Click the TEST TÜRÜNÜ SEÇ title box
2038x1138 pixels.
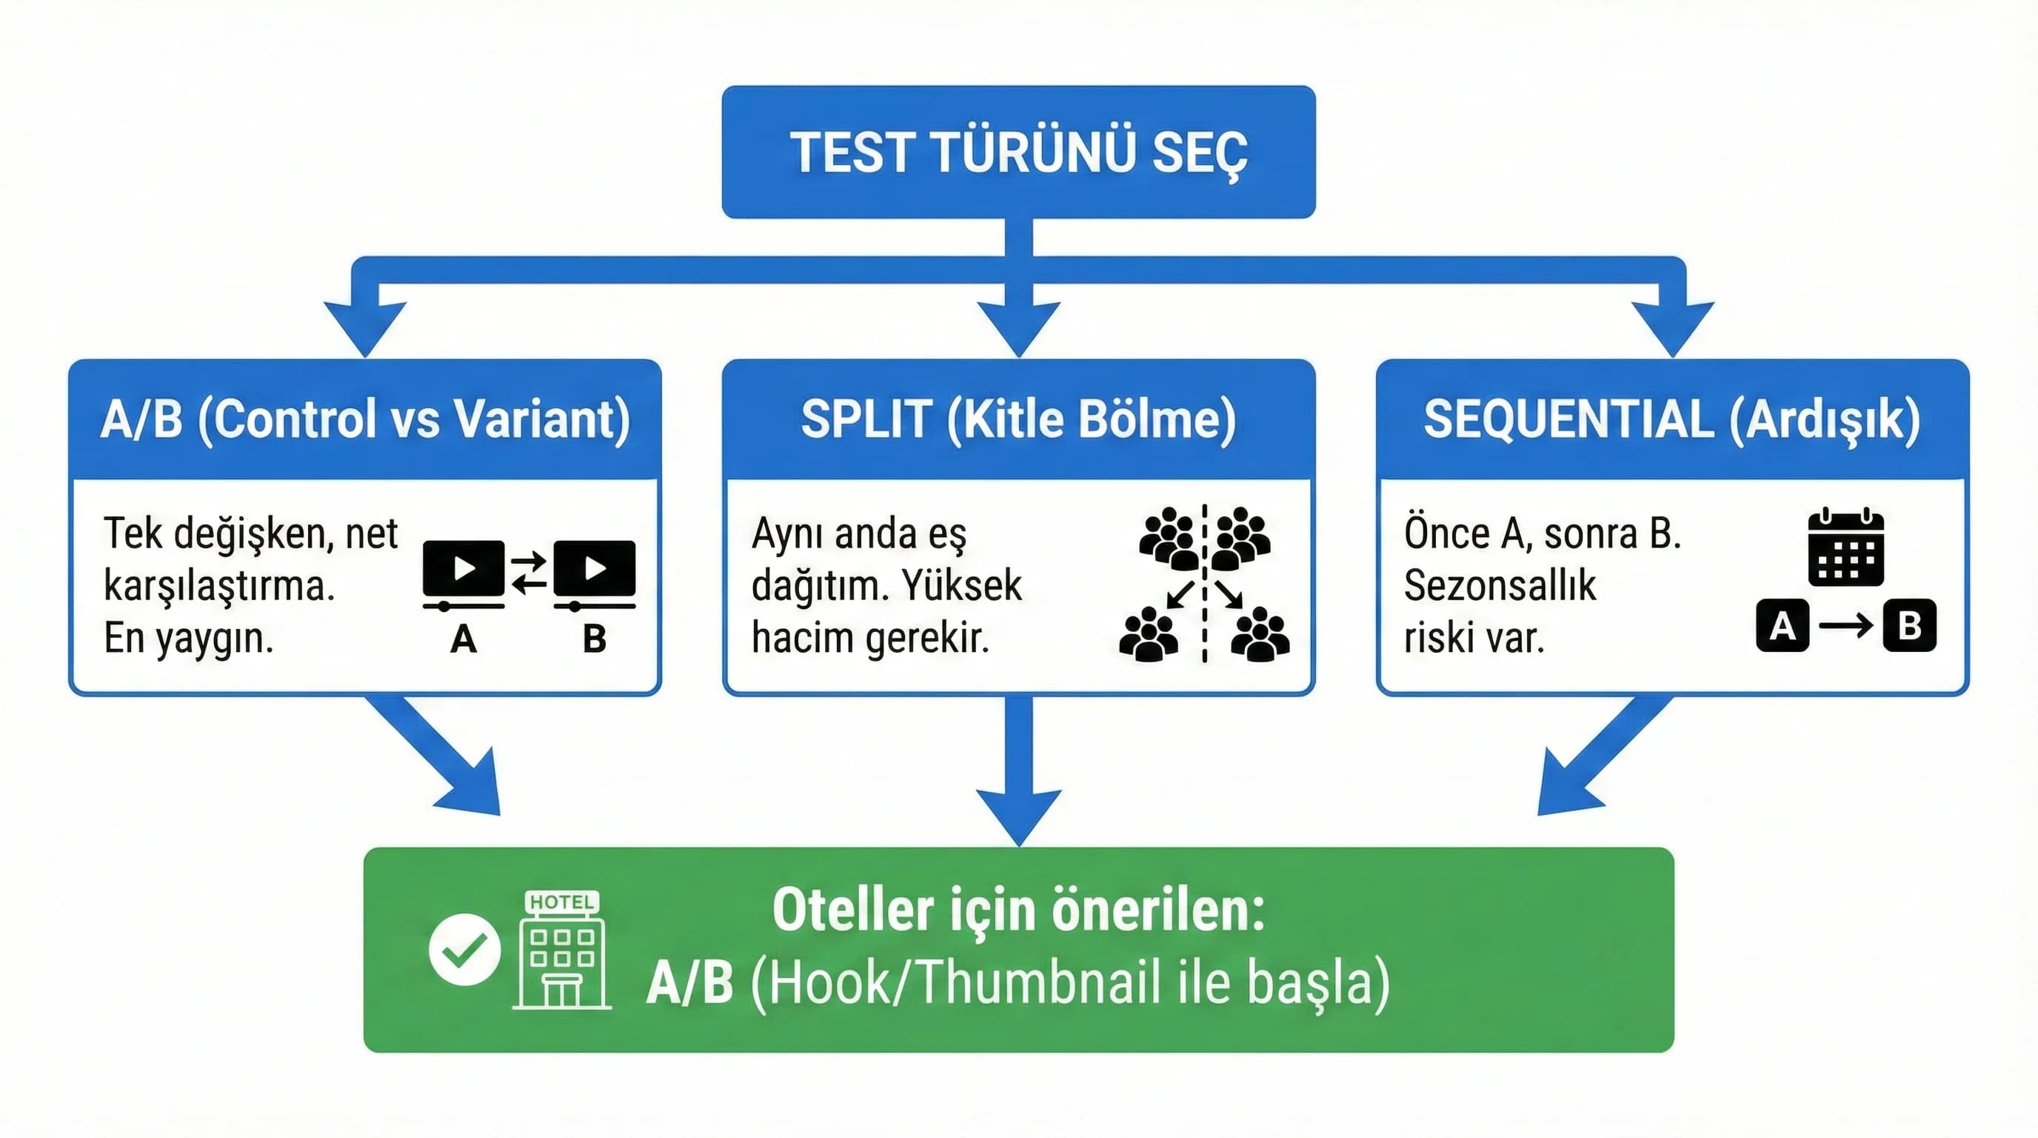point(1018,152)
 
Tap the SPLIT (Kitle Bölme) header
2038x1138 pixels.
point(1018,419)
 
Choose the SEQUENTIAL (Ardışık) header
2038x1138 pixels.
point(1671,419)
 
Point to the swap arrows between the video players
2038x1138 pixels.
point(529,572)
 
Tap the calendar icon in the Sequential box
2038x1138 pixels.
point(1845,547)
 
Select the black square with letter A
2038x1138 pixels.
point(1782,625)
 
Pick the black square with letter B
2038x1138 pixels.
point(1909,625)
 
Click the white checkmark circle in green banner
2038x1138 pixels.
point(464,950)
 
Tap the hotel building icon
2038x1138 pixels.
point(562,951)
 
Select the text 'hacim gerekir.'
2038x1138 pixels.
point(870,638)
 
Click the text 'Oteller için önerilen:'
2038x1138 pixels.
point(1018,910)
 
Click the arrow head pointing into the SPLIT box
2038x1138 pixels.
point(1018,328)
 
